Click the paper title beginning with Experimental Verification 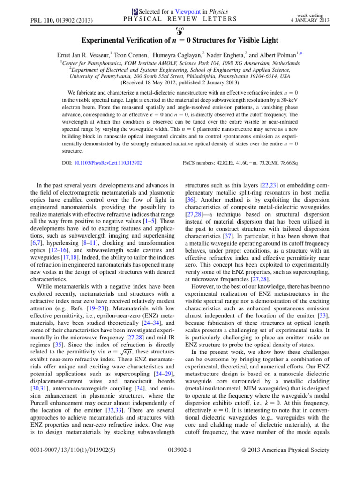pyautogui.click(x=180, y=42)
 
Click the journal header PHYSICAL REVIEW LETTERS pyautogui.click(x=180, y=19)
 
